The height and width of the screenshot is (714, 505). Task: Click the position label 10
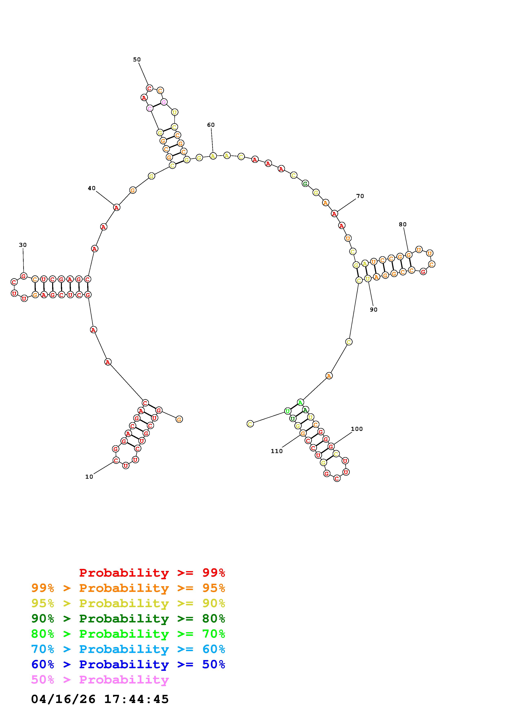click(x=89, y=477)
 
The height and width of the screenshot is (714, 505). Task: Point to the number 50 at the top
click(x=137, y=59)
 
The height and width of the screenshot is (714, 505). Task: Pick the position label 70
click(x=360, y=196)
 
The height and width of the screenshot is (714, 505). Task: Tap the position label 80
click(x=403, y=224)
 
